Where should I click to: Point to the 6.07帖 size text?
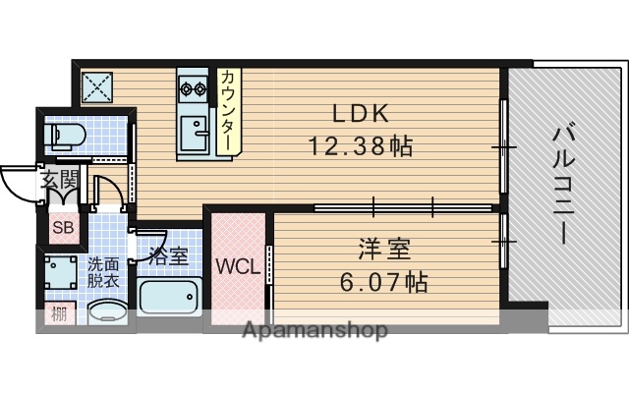pyautogui.click(x=382, y=283)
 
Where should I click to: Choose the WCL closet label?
pyautogui.click(x=238, y=266)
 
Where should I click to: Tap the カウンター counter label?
pyautogui.click(x=227, y=109)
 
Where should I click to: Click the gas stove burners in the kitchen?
pyautogui.click(x=193, y=91)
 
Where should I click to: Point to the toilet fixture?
pyautogui.click(x=67, y=135)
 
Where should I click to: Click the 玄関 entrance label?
pyautogui.click(x=59, y=180)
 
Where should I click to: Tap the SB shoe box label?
pyautogui.click(x=62, y=228)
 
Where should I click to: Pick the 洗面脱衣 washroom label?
pyautogui.click(x=103, y=271)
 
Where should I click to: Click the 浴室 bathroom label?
pyautogui.click(x=168, y=257)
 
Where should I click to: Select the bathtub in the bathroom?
pyautogui.click(x=170, y=296)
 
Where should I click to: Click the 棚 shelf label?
pyautogui.click(x=59, y=316)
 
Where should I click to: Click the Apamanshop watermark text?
pyautogui.click(x=314, y=330)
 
